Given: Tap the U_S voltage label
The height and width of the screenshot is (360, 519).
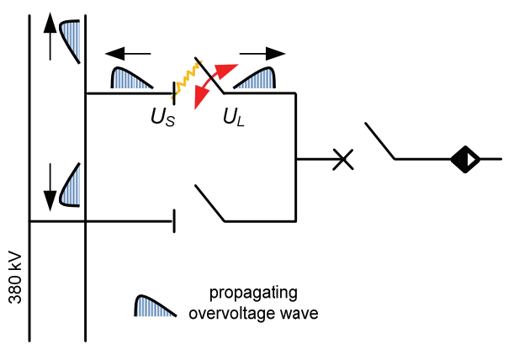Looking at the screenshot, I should [163, 117].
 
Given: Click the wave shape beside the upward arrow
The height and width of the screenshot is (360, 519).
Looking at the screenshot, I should [72, 38].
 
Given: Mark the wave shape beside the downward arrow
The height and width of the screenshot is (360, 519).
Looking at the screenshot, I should [72, 185].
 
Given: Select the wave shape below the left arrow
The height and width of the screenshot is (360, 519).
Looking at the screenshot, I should [131, 78].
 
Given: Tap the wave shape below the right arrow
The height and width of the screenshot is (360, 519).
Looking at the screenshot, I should [256, 78].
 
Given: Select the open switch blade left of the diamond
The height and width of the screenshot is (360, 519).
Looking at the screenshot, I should [380, 140].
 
